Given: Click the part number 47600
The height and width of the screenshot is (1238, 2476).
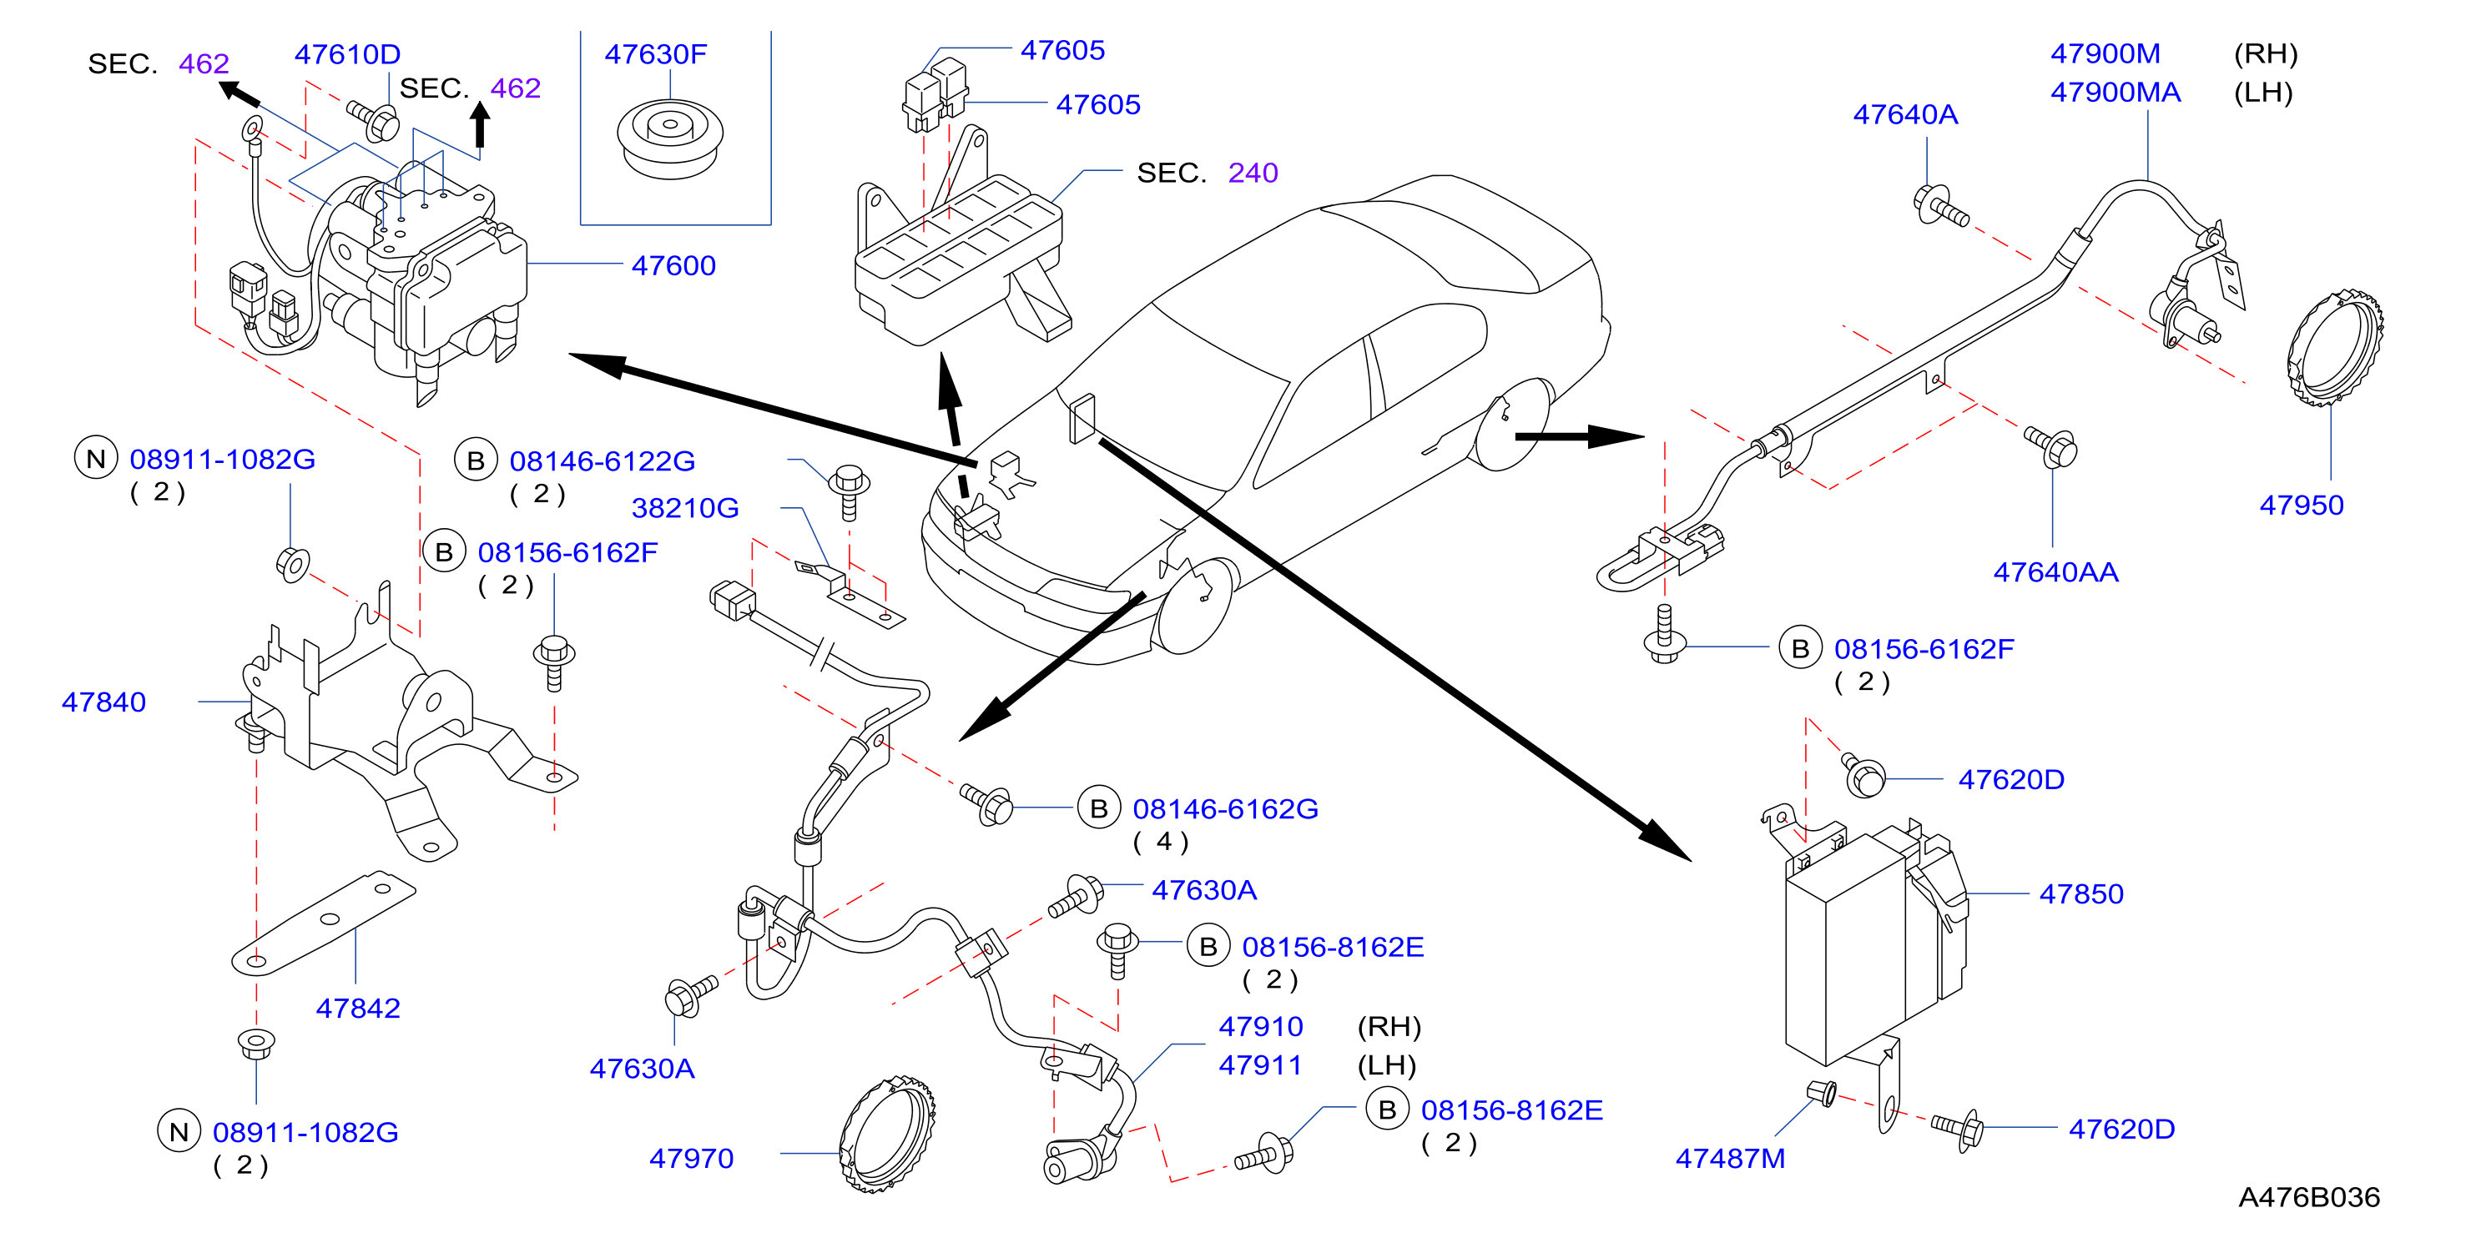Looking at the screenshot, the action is pos(673,265).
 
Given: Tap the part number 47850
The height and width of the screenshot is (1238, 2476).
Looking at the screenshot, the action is pos(2081,894).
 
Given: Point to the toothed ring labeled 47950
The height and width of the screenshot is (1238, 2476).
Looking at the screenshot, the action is pos(2334,346).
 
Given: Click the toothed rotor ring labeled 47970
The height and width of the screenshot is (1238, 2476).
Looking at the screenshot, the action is pos(886,1135).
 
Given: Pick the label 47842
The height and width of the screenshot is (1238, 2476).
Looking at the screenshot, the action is pos(357,1009).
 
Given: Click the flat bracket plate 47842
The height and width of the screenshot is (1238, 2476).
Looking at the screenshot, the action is pos(323,923).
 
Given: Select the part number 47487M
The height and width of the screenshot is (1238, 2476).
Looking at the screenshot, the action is pos(1730,1158).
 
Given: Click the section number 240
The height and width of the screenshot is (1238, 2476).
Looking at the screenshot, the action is pos(1253,173).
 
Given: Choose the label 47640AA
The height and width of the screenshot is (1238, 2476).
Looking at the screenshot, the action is pos(2055,572).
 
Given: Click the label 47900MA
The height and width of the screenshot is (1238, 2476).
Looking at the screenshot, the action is pos(2115,93).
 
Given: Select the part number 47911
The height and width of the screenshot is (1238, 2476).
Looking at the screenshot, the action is pos(1260,1065).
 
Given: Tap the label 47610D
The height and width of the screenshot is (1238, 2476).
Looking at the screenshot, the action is pos(347,54).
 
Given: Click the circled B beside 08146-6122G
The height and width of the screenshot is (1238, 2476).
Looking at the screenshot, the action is pos(476,460).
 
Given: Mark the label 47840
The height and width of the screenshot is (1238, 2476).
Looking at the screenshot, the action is pos(103,702).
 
